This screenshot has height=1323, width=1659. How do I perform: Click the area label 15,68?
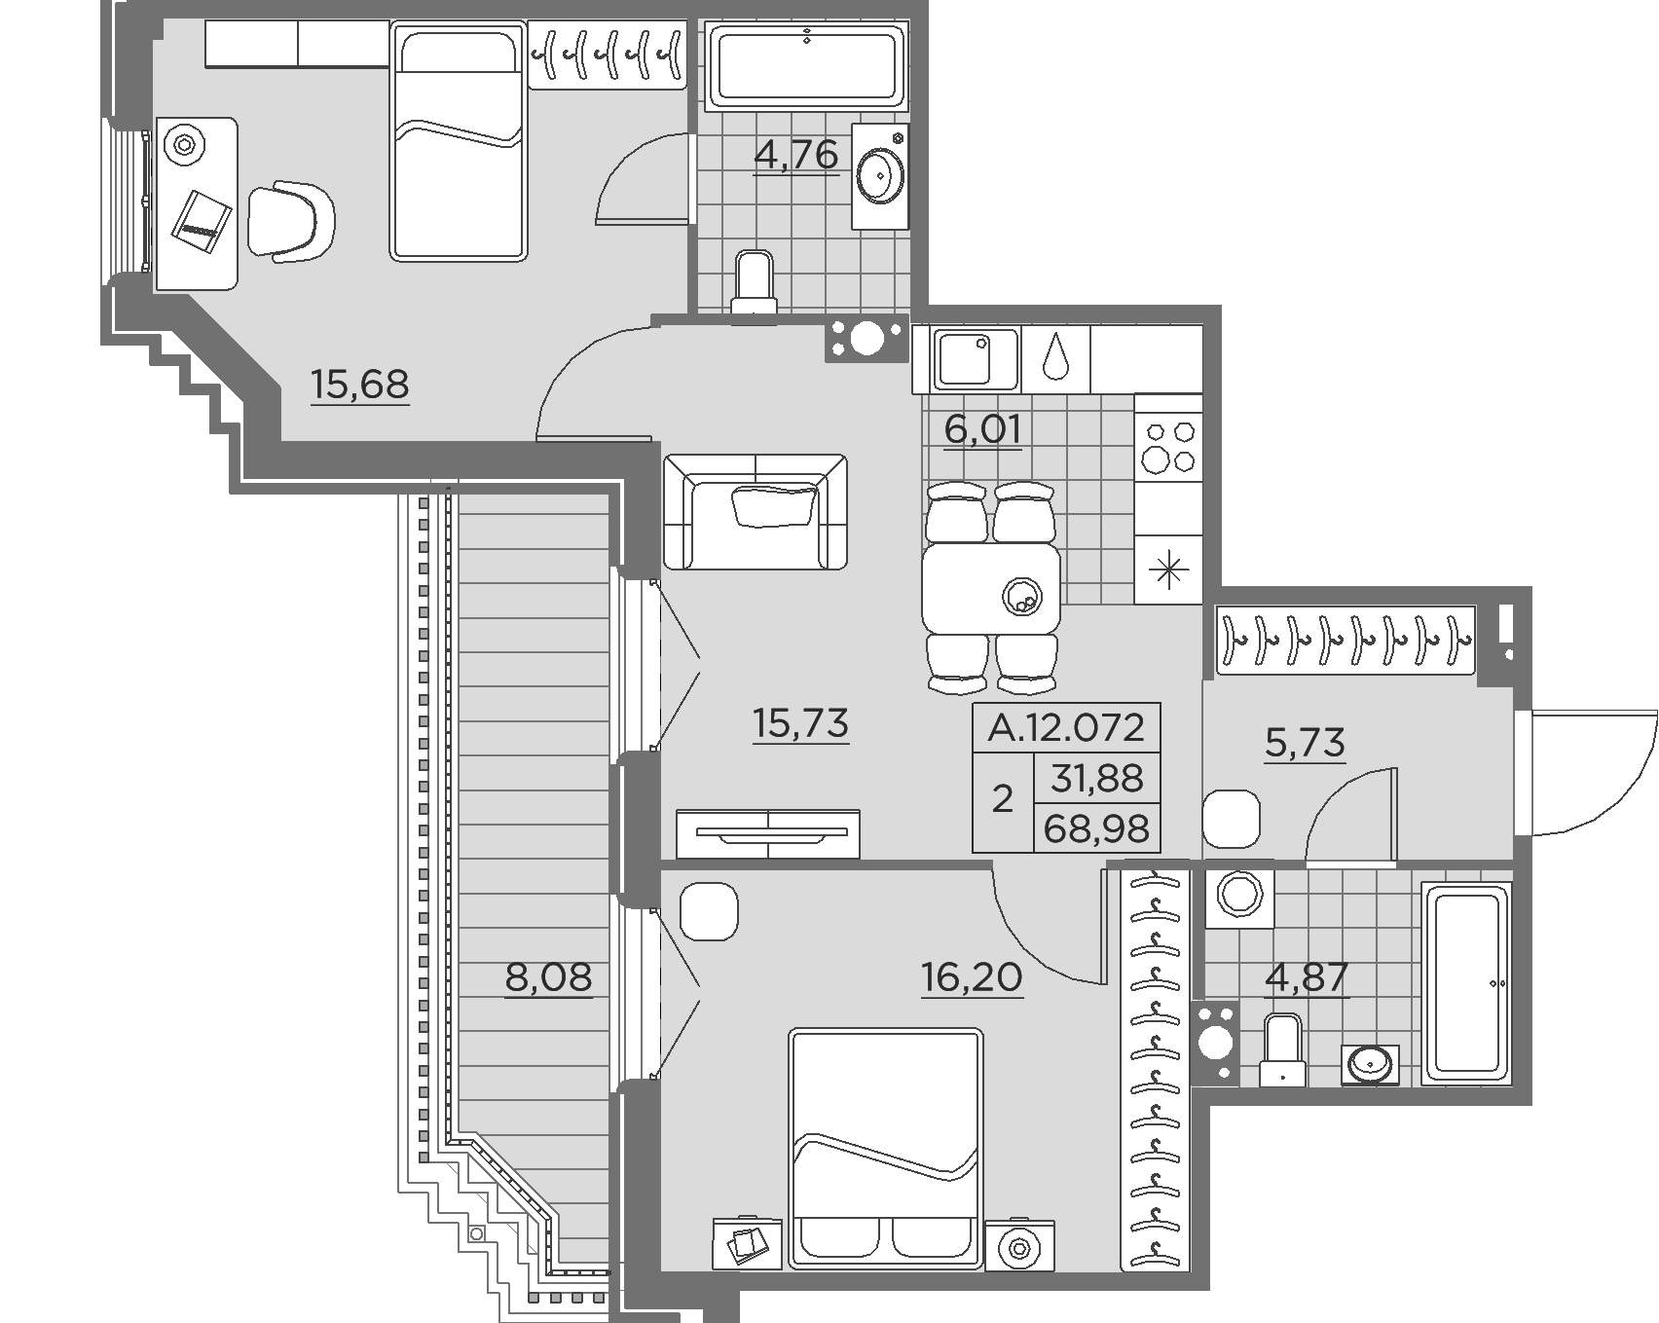click(x=359, y=386)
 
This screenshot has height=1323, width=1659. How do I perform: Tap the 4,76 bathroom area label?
click(x=796, y=155)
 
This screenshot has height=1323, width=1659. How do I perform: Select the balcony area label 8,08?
click(x=548, y=976)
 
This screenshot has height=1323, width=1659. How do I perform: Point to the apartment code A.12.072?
click(x=1066, y=727)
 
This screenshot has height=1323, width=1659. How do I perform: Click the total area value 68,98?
click(x=1096, y=829)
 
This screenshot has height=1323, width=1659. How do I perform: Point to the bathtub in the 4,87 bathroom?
click(x=1467, y=983)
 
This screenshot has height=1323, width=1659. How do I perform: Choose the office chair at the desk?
click(x=290, y=221)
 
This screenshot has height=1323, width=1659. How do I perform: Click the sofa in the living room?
click(x=755, y=512)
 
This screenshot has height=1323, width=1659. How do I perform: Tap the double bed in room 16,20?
click(x=885, y=1149)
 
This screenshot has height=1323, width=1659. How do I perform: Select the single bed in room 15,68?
click(x=459, y=142)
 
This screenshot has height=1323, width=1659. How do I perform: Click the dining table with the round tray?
click(x=991, y=588)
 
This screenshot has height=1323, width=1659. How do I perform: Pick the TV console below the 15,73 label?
click(x=768, y=834)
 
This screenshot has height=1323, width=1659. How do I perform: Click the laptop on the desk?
click(x=203, y=223)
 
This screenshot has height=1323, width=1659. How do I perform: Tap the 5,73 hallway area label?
click(x=1304, y=743)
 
